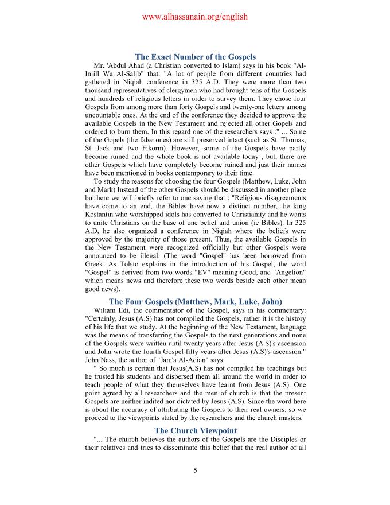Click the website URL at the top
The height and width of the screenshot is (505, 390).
[194, 17]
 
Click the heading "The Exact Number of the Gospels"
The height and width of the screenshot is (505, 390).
[195, 57]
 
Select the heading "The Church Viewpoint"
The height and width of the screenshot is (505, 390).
[195, 430]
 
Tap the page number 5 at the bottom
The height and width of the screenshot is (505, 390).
[195, 471]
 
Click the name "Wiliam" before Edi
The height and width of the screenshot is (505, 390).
[106, 311]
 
